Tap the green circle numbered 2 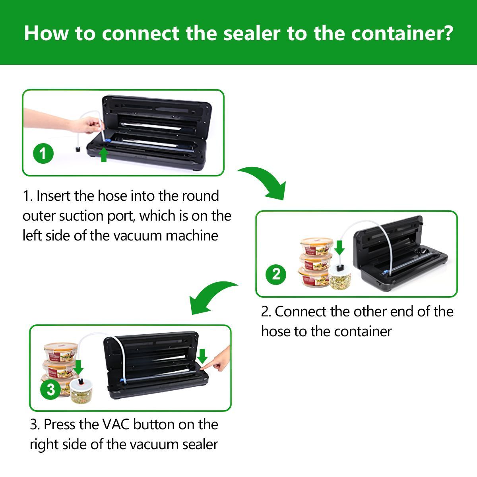[276, 275]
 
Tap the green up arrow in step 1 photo [104, 155]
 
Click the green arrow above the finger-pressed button [203, 356]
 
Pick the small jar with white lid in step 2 [339, 277]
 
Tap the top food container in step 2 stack [317, 246]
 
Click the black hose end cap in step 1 [78, 149]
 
